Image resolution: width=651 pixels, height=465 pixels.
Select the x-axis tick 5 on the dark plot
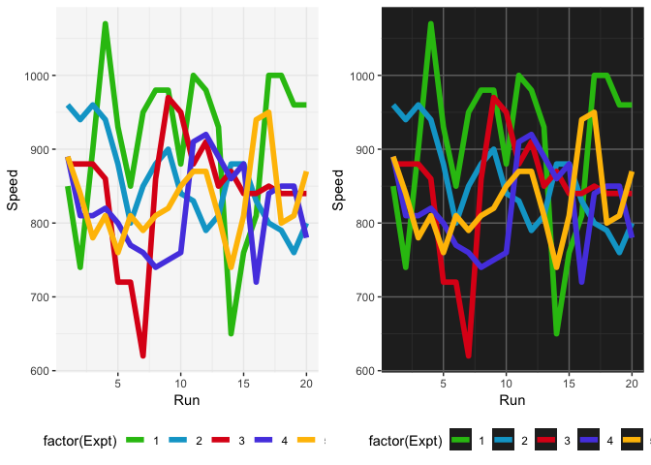pos(443,383)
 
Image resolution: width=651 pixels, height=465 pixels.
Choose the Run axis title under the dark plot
pos(511,400)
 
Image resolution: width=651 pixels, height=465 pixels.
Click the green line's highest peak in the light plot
pos(105,24)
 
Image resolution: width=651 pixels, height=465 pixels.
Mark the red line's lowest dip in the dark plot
pos(468,356)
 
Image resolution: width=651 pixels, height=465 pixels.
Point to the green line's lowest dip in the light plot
pos(232,333)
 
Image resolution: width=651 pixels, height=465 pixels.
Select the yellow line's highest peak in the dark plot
pos(594,112)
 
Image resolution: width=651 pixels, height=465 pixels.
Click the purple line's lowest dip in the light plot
pos(257,282)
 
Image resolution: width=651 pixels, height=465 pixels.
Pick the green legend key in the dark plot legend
pos(461,442)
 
